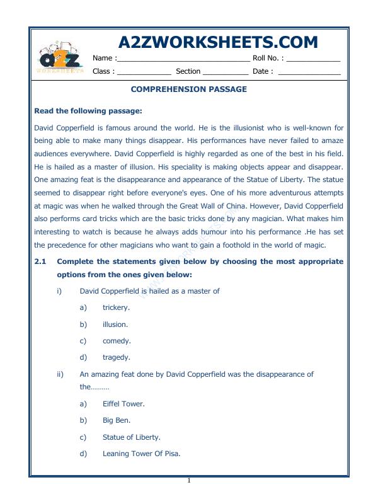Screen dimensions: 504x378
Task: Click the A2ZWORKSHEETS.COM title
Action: point(218,42)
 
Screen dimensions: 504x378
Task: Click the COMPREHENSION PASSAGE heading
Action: point(188,89)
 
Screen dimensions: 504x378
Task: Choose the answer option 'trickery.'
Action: point(116,307)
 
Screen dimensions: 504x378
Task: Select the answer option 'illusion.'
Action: point(115,324)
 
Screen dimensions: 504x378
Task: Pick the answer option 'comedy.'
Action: point(117,341)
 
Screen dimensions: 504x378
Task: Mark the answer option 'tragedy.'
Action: point(117,357)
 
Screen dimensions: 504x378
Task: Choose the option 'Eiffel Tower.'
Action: point(123,403)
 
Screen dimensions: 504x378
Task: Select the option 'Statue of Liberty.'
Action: point(131,437)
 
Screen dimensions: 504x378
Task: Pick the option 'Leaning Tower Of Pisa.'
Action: point(141,453)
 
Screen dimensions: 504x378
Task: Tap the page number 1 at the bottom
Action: point(188,481)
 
